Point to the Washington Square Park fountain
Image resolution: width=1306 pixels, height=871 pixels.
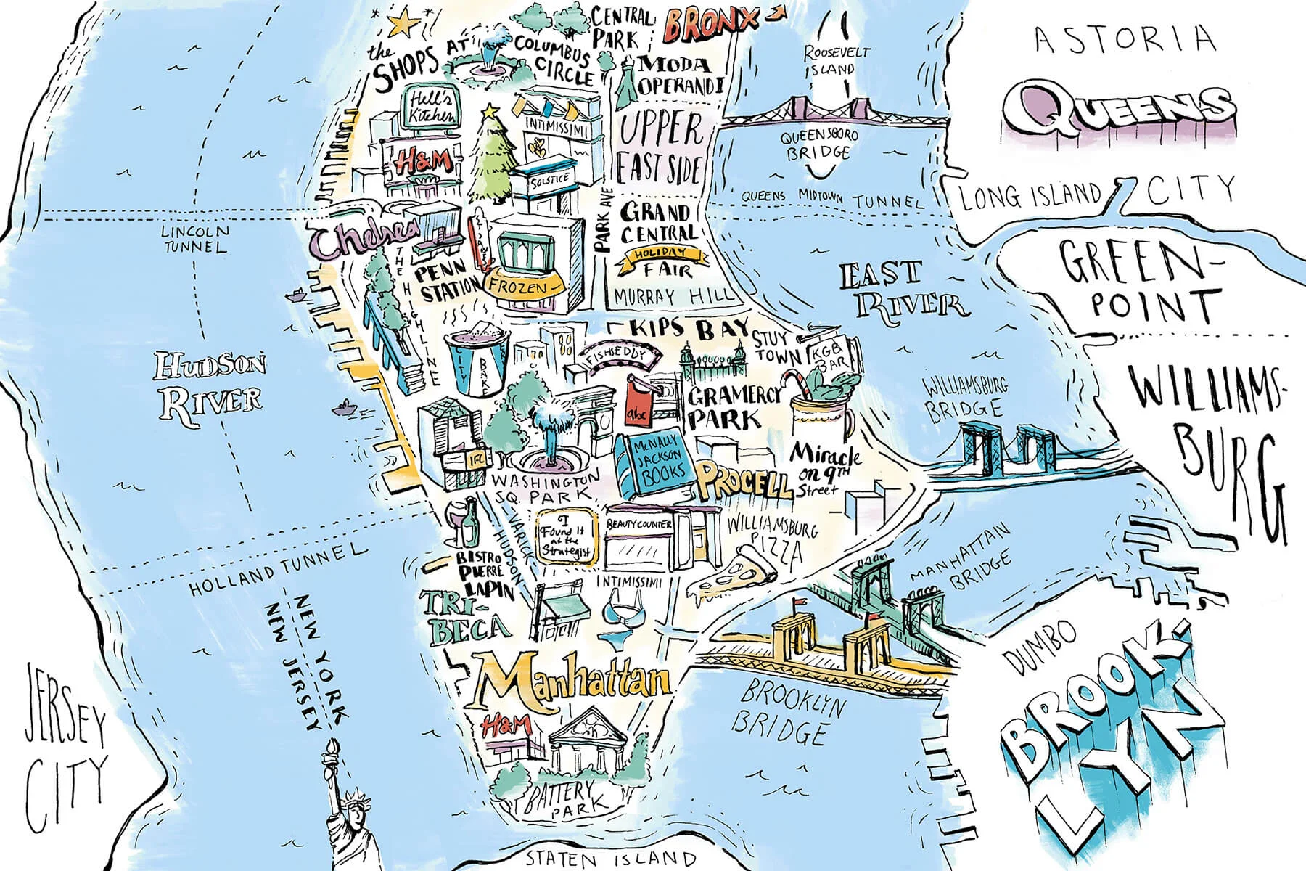coord(550,435)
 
